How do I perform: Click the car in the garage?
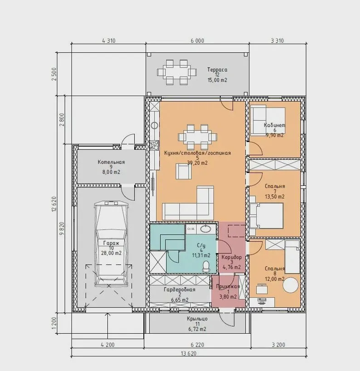point(111,244)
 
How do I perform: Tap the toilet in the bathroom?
point(206,266)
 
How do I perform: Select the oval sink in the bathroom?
point(206,229)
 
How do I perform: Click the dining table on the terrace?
point(177,72)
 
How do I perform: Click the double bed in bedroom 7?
point(267,216)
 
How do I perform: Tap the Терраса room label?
point(217,70)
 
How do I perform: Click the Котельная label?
point(111,162)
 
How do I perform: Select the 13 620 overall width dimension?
point(188,354)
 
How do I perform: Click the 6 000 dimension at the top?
point(197,41)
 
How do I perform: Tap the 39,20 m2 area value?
point(197,163)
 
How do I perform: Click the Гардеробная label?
point(179,290)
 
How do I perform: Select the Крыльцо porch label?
point(197,319)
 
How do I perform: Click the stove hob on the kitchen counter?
point(154,145)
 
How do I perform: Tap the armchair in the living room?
point(183,171)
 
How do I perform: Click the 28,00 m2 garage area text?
point(111,253)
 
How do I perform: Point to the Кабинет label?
point(274,125)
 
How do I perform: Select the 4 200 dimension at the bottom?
point(107,345)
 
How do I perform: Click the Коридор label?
point(232,257)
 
